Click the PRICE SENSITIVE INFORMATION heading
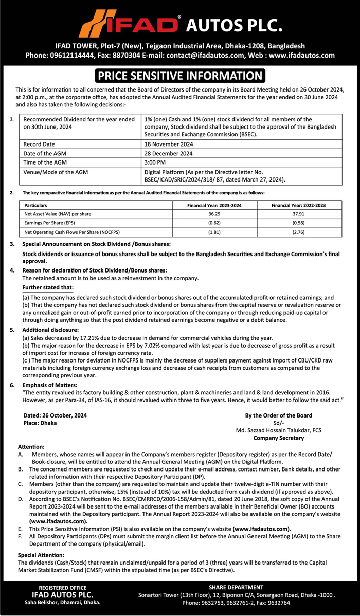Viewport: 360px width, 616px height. coord(180,76)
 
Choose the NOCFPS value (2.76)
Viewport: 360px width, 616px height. coord(298,232)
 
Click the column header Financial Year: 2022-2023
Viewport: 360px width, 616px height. coord(298,205)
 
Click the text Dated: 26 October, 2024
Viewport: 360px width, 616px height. coord(55,415)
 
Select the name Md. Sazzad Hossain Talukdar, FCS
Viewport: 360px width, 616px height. coord(278,430)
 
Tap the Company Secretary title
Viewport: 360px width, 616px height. coord(278,438)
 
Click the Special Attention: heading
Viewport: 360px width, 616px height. coord(41,555)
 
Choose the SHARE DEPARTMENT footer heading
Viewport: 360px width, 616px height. coord(236,587)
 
